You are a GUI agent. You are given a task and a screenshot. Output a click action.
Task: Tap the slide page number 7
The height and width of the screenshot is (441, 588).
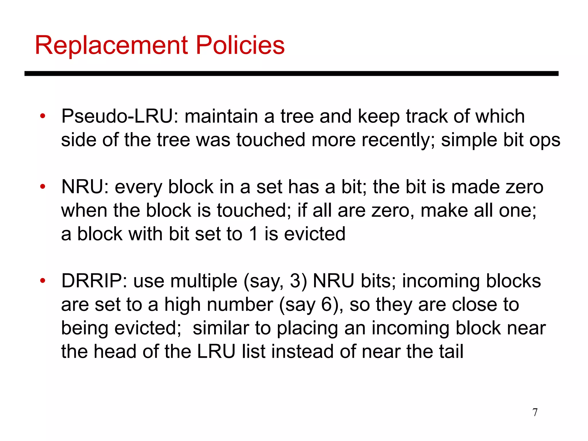point(535,412)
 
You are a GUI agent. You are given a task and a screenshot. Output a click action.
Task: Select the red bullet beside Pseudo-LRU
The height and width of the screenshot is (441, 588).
point(43,117)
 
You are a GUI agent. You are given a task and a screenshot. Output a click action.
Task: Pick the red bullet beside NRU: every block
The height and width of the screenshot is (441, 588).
point(43,187)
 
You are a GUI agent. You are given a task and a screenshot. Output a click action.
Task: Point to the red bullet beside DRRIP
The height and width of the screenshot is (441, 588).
point(43,281)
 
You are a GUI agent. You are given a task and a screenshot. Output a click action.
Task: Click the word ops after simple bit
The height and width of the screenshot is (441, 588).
point(545,140)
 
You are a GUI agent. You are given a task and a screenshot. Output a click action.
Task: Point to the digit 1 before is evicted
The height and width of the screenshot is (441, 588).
point(253,234)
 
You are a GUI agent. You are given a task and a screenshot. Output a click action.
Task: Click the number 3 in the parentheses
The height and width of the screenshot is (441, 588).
point(295,281)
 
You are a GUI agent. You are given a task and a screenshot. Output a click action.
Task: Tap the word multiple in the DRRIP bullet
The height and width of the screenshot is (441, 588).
point(204,281)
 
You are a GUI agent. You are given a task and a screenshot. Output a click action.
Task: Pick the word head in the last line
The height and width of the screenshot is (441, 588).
point(115,351)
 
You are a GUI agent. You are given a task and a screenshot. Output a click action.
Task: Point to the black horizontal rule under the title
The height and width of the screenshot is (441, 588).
point(291,74)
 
